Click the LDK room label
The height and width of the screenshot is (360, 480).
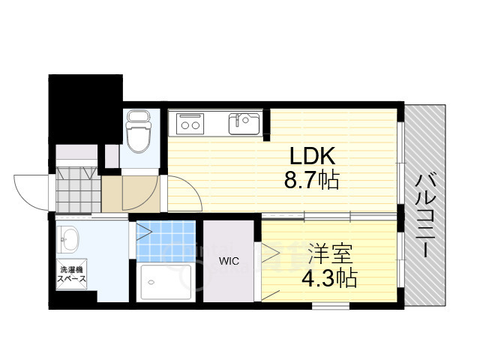click(312, 156)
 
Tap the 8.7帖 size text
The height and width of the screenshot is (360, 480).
click(312, 180)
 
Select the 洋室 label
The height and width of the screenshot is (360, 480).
click(330, 253)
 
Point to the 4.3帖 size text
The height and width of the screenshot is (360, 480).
click(329, 278)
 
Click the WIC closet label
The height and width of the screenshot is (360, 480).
click(229, 262)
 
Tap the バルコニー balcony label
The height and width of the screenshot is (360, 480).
click(425, 215)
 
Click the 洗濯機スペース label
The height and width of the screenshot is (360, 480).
click(72, 274)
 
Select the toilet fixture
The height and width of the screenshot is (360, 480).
click(139, 132)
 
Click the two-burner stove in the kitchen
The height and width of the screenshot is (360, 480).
click(190, 123)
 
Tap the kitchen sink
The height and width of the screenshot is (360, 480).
click(244, 124)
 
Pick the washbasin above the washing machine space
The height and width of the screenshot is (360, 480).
click(68, 240)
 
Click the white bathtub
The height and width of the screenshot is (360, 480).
click(166, 282)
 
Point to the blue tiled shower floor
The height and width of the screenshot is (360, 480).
click(166, 241)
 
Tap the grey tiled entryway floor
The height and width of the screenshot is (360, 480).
click(78, 190)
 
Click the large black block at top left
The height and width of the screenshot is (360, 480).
click(85, 109)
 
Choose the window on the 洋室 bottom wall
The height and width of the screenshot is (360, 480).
click(331, 305)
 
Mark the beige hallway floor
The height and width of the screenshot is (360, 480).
click(130, 193)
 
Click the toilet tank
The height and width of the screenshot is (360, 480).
click(139, 117)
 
